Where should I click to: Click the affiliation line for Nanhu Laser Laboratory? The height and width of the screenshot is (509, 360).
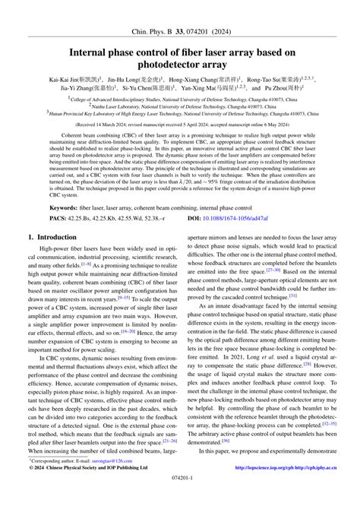180,106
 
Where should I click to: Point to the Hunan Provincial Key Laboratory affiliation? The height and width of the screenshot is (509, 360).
180,114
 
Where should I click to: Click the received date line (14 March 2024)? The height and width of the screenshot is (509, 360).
180,125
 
